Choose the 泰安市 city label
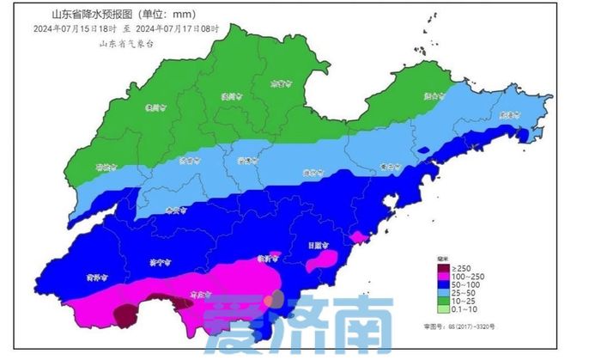(x=174, y=209)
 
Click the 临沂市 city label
(x=268, y=258)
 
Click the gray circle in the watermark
(x=273, y=299)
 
